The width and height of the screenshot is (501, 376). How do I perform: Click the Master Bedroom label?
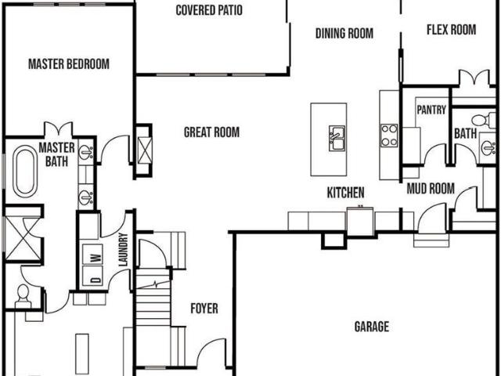tap(69, 64)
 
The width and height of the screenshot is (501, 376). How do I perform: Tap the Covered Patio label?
tap(209, 10)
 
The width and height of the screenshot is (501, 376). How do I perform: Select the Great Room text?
tap(211, 132)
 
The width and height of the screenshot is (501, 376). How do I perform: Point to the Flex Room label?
tap(451, 30)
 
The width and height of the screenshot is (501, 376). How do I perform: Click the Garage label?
tap(372, 327)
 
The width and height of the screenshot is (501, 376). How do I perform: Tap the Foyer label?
tap(204, 309)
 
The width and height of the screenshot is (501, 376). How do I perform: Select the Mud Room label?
tap(431, 189)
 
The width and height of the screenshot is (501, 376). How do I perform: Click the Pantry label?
tap(431, 110)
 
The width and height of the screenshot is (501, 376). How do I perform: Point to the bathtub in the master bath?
tap(25, 171)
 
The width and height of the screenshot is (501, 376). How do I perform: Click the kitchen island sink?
tap(337, 138)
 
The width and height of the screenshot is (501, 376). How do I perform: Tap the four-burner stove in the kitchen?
tap(389, 136)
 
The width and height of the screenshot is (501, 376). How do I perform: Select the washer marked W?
tap(92, 255)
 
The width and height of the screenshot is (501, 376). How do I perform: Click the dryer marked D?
tap(92, 277)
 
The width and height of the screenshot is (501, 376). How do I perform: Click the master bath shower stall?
tap(23, 238)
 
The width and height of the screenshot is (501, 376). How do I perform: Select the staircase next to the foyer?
tap(153, 298)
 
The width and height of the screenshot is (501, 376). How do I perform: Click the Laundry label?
tap(124, 250)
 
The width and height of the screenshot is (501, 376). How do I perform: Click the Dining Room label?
tap(344, 34)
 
